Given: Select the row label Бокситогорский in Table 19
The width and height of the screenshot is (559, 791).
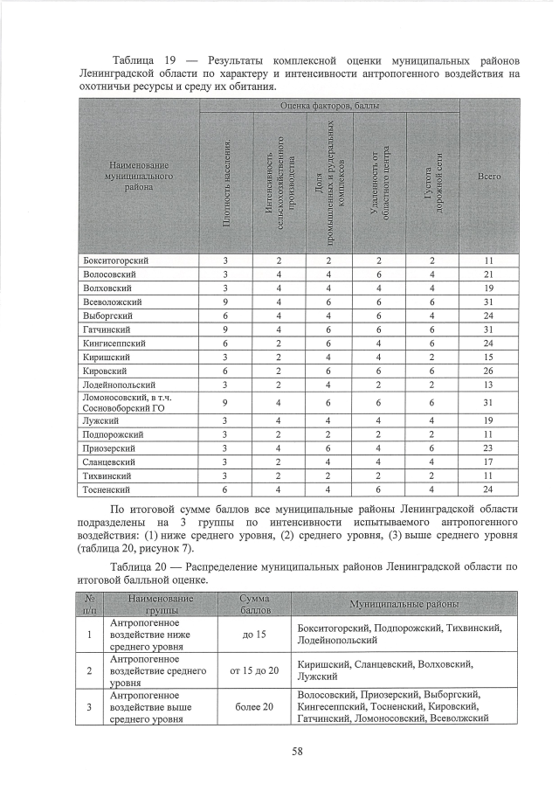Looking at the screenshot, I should point(113,260).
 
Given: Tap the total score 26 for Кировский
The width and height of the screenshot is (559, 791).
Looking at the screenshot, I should point(489,371).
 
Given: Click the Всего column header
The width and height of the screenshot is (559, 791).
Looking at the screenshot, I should point(489,177).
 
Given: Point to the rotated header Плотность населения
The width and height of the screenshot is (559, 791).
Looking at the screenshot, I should point(227,184).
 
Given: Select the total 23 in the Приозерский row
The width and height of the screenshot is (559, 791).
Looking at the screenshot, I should point(489,448).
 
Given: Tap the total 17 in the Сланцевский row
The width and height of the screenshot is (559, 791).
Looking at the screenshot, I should point(489,462).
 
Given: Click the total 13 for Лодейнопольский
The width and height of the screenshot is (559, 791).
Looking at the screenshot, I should point(489,385).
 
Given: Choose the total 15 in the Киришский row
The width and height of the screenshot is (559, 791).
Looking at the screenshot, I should point(489,357).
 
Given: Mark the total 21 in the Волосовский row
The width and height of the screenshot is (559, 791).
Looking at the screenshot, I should point(489,274).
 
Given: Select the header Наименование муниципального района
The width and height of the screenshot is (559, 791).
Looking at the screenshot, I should point(138,177).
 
